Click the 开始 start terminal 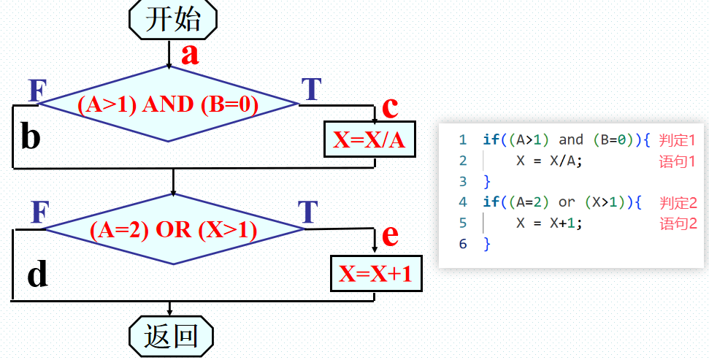[x=173, y=19]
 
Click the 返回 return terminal [x=172, y=336]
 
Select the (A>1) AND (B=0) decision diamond [x=169, y=104]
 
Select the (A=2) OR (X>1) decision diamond [x=174, y=230]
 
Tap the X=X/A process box [x=369, y=139]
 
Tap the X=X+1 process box [x=375, y=273]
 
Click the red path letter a [x=190, y=54]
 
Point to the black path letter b [x=30, y=136]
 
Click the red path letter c [x=390, y=107]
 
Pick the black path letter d [x=37, y=275]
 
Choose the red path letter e [x=390, y=234]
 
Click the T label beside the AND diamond [x=312, y=89]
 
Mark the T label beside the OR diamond [x=308, y=212]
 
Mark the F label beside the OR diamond [x=40, y=212]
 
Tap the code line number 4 [x=463, y=202]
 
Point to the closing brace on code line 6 [x=487, y=244]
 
